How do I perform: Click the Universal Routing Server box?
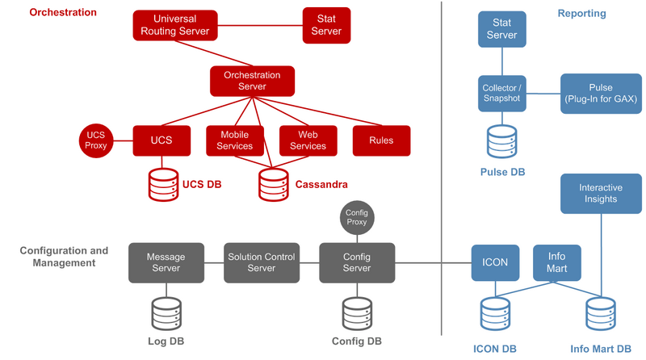175,25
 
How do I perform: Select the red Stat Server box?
326,25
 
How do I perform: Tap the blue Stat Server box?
501,29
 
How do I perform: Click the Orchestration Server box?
252,82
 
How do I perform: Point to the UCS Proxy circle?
96,140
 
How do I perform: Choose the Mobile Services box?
235,140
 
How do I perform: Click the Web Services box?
308,140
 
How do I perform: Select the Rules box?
381,140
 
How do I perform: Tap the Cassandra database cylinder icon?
274,185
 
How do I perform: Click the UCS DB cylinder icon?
164,185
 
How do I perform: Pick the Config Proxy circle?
357,217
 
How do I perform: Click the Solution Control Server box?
262,263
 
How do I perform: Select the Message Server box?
166,263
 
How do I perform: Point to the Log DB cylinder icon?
166,314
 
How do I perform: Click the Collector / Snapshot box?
501,94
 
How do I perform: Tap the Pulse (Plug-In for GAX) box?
601,94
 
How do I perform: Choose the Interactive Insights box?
601,194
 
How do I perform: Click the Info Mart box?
557,263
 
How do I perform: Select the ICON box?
495,263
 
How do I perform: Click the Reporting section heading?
581,13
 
